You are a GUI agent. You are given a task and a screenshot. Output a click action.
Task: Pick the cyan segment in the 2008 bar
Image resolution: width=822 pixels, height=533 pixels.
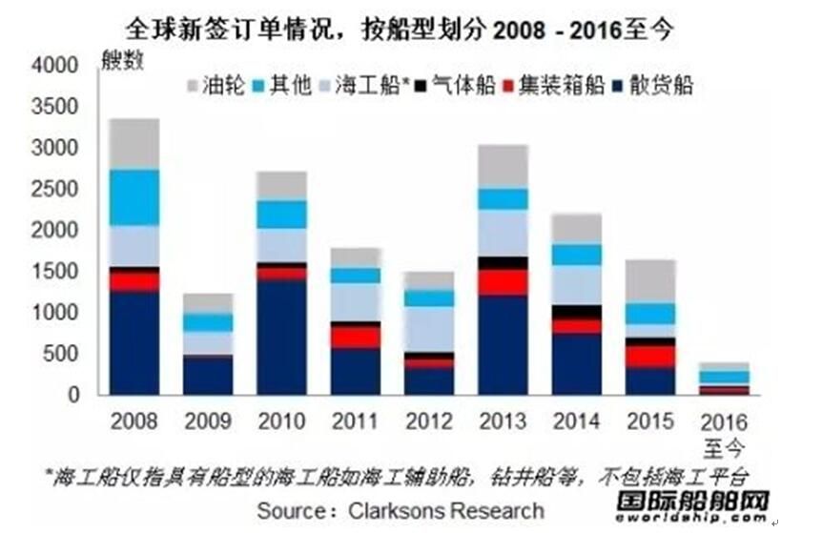pyautogui.click(x=134, y=196)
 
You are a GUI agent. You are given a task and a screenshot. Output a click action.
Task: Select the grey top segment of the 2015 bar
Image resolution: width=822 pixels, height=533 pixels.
pyautogui.click(x=649, y=281)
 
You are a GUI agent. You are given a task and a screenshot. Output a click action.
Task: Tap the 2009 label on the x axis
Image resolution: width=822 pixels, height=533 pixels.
pyautogui.click(x=208, y=420)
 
